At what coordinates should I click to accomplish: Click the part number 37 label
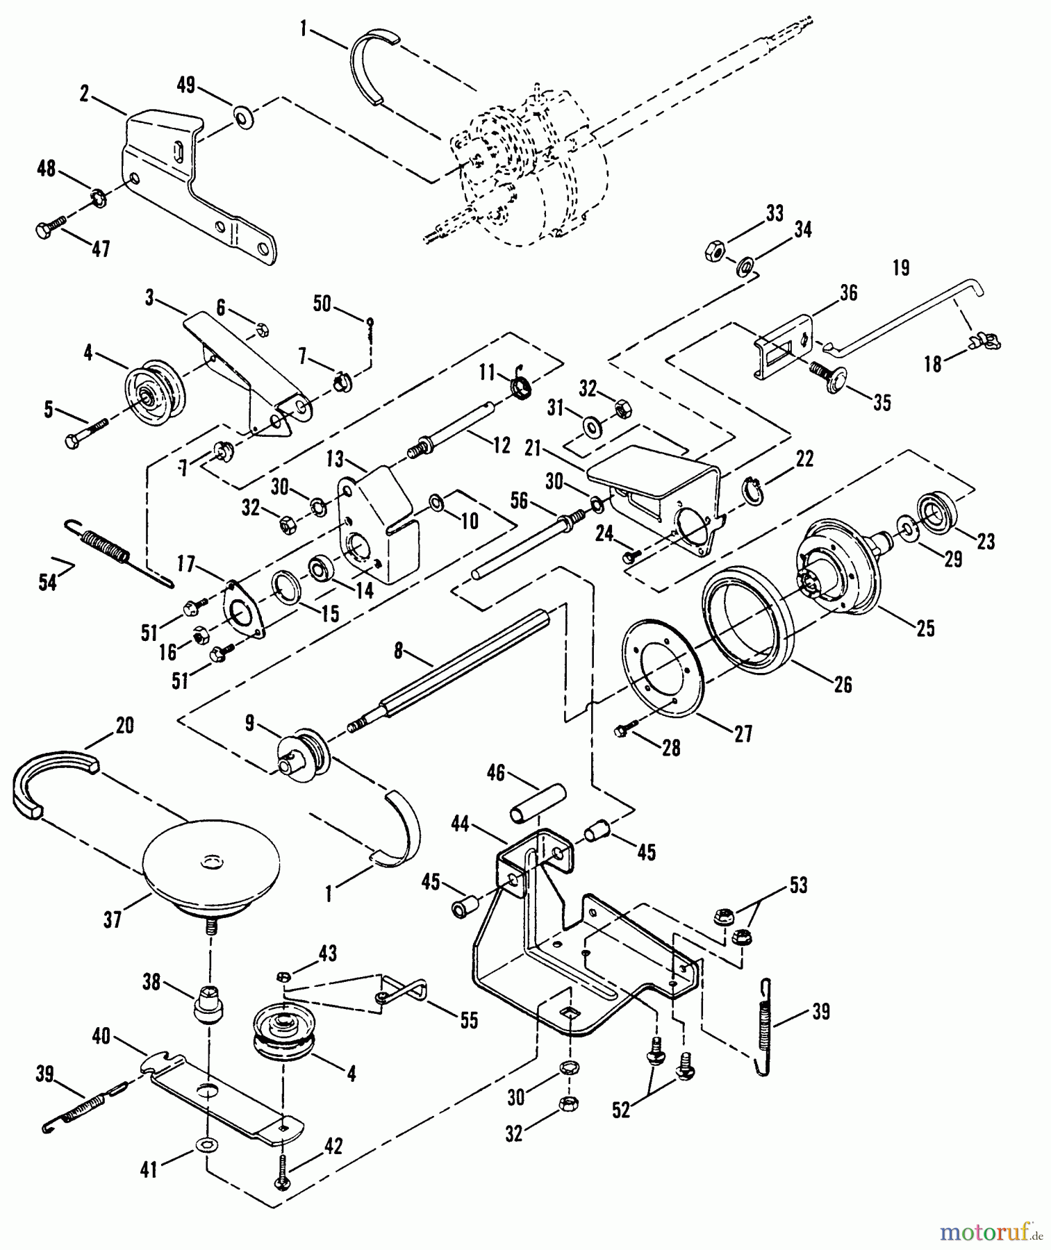click(113, 921)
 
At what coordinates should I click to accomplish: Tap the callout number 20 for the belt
click(124, 726)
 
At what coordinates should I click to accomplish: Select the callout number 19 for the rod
click(901, 268)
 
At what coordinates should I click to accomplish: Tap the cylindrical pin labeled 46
click(539, 803)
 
